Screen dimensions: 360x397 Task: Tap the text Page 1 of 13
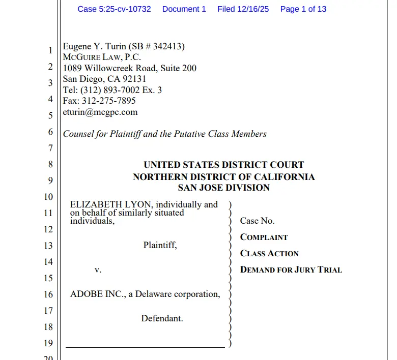click(x=303, y=9)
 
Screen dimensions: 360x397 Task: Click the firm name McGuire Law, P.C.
click(x=102, y=57)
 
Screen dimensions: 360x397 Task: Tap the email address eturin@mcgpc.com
click(x=100, y=112)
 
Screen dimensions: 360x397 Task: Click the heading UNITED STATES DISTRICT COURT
click(x=223, y=165)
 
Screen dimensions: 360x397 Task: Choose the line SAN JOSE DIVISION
click(x=223, y=188)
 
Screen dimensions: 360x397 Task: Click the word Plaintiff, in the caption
click(x=160, y=245)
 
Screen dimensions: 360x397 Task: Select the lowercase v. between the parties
click(x=98, y=270)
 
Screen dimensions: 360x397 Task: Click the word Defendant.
click(x=162, y=318)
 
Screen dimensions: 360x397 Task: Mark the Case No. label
click(x=257, y=221)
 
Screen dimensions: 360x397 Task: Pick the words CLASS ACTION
click(x=269, y=253)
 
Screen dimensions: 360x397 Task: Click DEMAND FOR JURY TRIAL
click(x=291, y=269)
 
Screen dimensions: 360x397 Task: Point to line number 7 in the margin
click(x=50, y=148)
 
